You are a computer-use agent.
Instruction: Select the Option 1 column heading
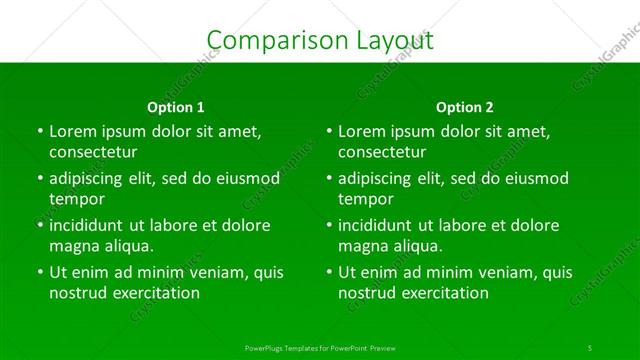[x=176, y=107]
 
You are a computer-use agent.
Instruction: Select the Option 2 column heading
[x=465, y=107]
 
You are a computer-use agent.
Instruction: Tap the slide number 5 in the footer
[x=590, y=346]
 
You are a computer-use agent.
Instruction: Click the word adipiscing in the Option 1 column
[x=90, y=178]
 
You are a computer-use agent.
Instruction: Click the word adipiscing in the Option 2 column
[x=379, y=178]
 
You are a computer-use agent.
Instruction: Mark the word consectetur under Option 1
[x=93, y=152]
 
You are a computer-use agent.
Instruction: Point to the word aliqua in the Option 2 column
[x=416, y=246]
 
